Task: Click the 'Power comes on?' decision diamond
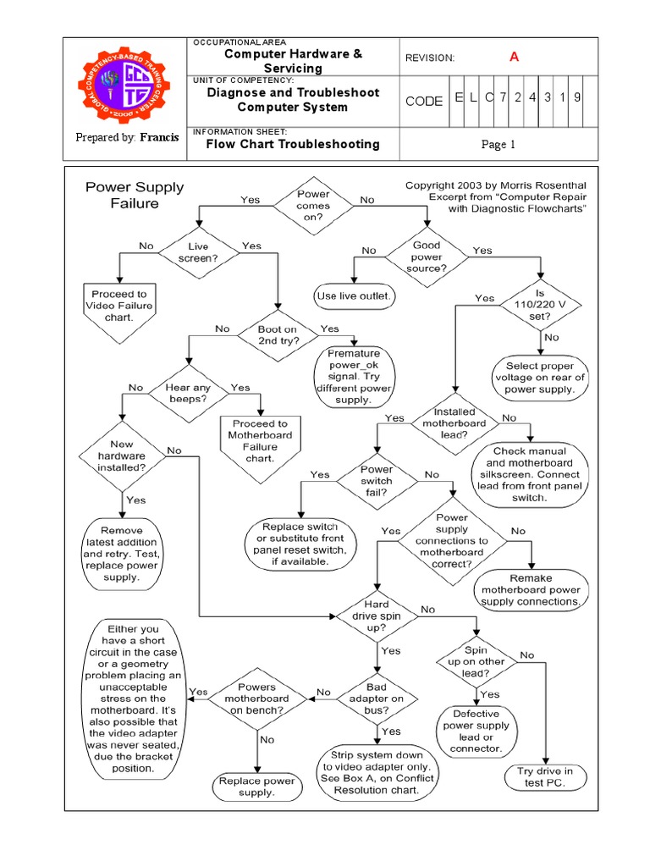(x=313, y=205)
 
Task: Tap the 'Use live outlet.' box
(x=353, y=295)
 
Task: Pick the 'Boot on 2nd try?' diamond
(x=278, y=334)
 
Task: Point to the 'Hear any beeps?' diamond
(x=187, y=390)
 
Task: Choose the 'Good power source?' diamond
(x=426, y=257)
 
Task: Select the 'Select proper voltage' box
(x=540, y=378)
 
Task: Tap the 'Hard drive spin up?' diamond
(x=377, y=616)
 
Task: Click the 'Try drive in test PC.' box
(x=545, y=777)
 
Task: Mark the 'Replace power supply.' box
(x=256, y=787)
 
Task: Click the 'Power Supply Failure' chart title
(x=135, y=195)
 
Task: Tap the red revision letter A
(x=513, y=57)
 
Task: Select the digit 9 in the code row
(x=576, y=97)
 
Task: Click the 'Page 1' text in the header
(x=499, y=145)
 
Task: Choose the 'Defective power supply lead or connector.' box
(x=476, y=731)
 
